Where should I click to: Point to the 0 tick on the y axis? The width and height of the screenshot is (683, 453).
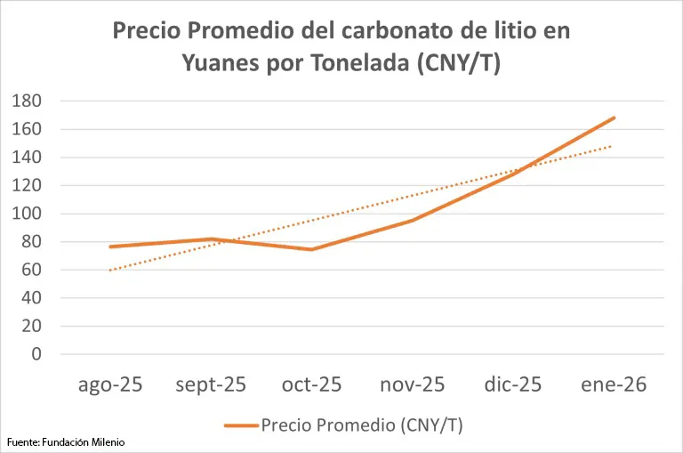click(36, 354)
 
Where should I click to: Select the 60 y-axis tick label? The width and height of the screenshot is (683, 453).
click(33, 270)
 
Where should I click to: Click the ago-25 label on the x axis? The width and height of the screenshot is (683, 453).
click(110, 385)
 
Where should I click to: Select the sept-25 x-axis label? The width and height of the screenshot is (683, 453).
click(211, 385)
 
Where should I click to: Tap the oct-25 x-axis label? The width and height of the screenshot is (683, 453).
click(311, 385)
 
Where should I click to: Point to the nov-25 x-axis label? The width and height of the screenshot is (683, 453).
click(413, 385)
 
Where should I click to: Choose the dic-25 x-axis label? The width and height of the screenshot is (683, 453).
click(513, 385)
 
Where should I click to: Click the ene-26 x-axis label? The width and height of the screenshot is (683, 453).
click(614, 385)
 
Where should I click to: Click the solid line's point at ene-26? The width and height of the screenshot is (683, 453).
click(614, 117)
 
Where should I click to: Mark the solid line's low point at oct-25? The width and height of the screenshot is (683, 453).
click(311, 249)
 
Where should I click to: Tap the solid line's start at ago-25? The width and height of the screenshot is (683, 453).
click(110, 247)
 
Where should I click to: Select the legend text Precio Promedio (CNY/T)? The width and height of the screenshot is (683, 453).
click(362, 425)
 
